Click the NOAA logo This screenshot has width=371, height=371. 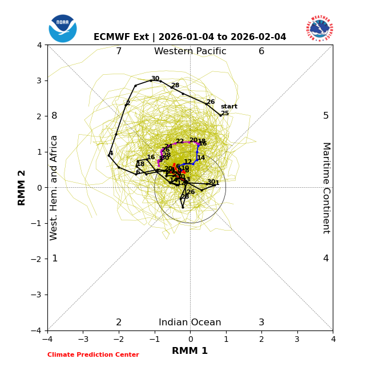[x=63, y=28]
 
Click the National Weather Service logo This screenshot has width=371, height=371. [x=320, y=28]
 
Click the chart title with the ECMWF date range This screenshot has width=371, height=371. [x=190, y=37]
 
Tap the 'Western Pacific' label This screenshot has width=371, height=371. [x=190, y=51]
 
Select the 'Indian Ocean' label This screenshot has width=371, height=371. [x=190, y=322]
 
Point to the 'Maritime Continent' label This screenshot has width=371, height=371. [x=326, y=188]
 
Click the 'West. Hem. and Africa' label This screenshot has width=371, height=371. [x=54, y=188]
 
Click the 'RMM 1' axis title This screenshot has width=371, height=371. [x=190, y=351]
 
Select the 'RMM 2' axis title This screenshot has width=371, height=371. [x=22, y=188]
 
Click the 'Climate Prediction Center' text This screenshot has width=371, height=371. [x=93, y=355]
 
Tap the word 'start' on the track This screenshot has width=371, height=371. [x=229, y=107]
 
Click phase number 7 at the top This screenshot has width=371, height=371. [x=119, y=51]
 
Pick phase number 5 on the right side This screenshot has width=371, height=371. [x=326, y=116]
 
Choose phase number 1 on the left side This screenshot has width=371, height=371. [x=55, y=259]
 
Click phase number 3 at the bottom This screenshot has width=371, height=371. [x=261, y=322]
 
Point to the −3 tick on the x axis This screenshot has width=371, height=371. [x=83, y=340]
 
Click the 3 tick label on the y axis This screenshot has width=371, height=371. [x=39, y=80]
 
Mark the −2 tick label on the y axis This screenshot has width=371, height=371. [x=37, y=259]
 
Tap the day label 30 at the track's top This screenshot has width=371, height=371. [x=155, y=79]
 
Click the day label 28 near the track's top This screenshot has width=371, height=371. [x=175, y=86]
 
